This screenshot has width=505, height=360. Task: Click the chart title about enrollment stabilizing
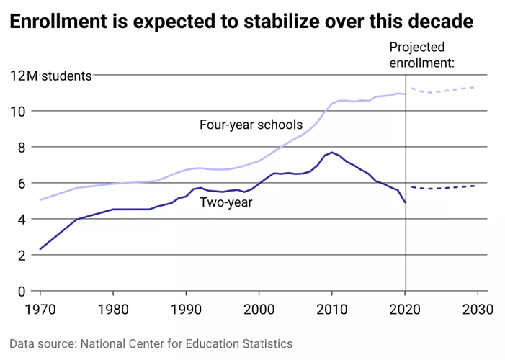241,22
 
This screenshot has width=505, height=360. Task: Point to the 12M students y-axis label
50,76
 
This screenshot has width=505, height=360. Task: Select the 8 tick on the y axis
22,148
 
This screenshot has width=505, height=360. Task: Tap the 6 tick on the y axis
22,184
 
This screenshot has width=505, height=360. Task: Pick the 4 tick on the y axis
22,220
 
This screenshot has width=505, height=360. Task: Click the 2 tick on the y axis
22,256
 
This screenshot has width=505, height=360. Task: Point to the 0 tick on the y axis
22,292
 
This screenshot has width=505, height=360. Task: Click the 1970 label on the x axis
40,310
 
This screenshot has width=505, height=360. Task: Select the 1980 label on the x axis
113,310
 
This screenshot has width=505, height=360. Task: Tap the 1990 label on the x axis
187,310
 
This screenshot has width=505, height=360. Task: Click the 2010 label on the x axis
332,310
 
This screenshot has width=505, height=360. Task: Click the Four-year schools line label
251,125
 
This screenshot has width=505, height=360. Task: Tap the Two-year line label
225,202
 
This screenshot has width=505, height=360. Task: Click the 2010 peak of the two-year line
331,153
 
